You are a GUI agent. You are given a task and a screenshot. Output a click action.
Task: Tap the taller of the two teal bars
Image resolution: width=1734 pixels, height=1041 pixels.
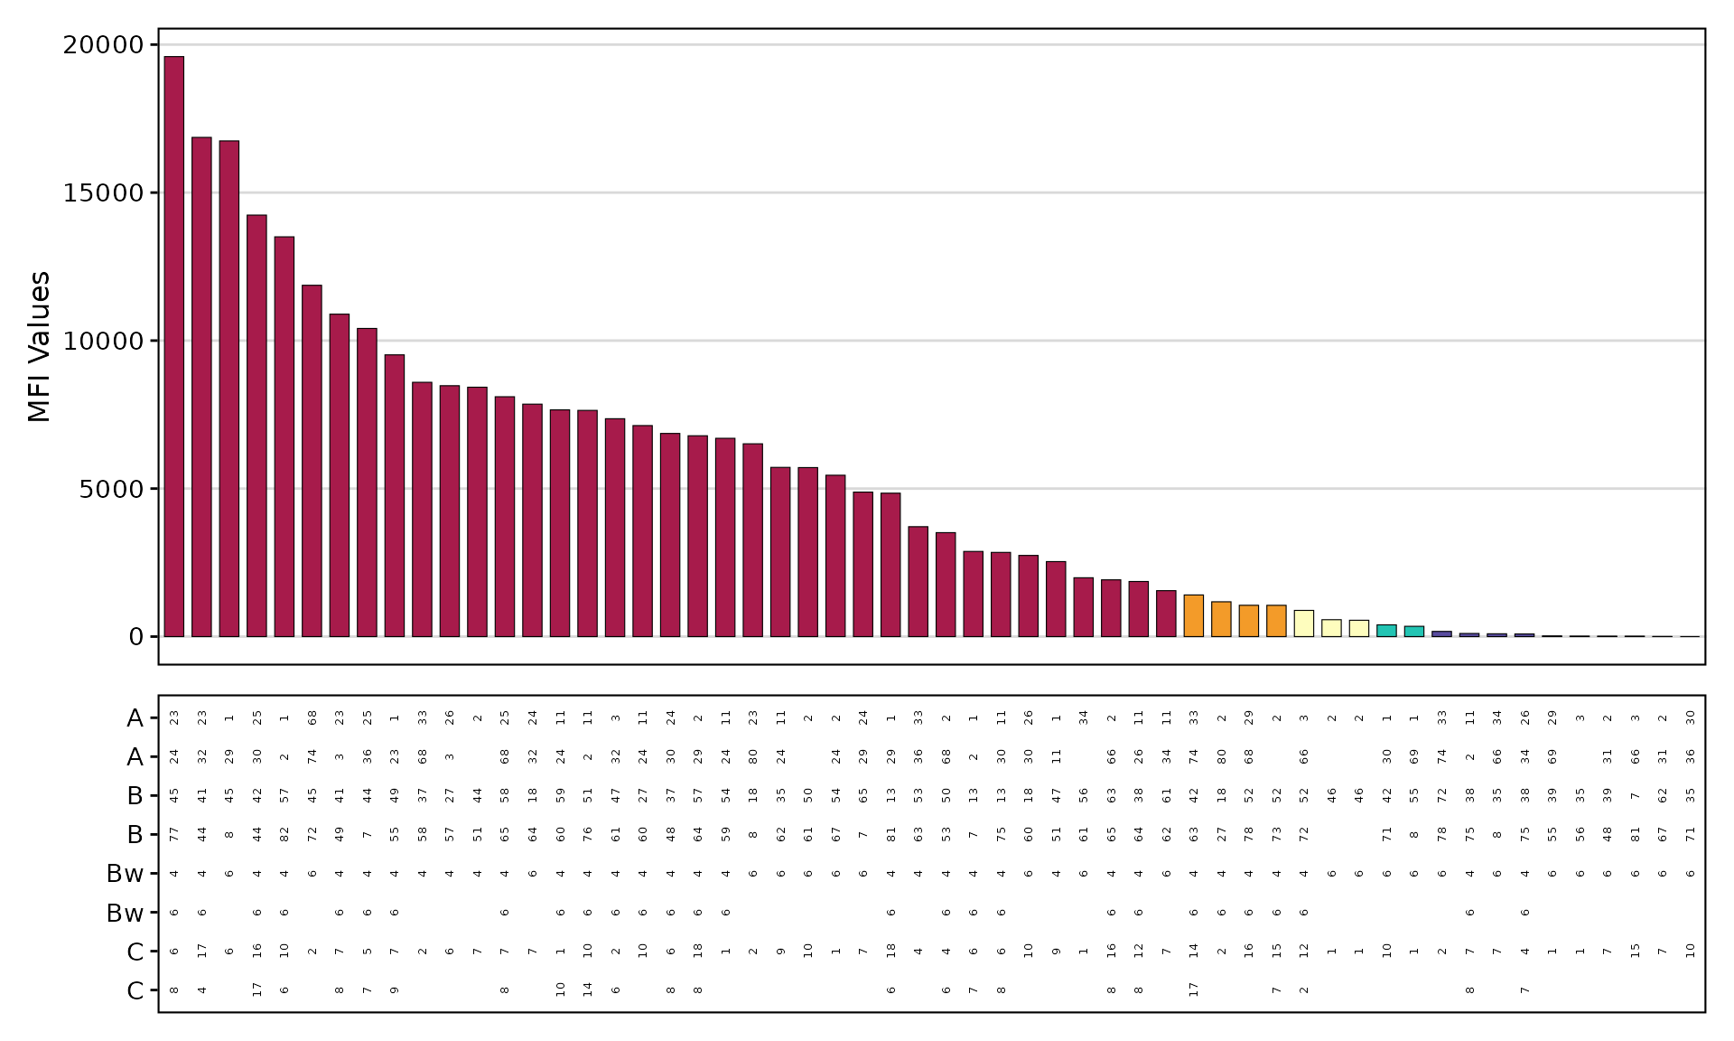click(1386, 631)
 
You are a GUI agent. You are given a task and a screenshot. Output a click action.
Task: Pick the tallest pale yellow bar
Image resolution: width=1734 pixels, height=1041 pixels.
click(1303, 624)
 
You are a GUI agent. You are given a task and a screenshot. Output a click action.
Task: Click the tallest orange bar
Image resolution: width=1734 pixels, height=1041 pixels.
click(1193, 615)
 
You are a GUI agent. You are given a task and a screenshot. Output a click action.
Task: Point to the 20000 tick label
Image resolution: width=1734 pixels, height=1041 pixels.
click(103, 45)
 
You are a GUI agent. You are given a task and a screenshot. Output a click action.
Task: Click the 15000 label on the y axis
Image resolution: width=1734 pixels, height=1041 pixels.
click(103, 193)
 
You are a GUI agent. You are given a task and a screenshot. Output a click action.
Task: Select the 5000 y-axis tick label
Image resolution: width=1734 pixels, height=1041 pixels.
click(110, 490)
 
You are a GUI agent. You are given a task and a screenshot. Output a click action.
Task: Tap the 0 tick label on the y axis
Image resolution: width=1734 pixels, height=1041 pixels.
click(136, 637)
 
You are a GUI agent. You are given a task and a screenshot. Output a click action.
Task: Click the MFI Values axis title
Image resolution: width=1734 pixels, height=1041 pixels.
click(39, 346)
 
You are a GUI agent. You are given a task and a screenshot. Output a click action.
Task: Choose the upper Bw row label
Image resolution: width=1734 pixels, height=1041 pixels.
click(125, 874)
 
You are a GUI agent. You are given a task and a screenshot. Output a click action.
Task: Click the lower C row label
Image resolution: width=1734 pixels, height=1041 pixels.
click(135, 991)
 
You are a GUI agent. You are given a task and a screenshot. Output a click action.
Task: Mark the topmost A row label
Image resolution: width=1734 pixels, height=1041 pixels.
click(135, 718)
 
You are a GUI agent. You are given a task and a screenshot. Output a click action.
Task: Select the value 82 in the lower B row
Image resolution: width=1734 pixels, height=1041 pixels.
click(284, 834)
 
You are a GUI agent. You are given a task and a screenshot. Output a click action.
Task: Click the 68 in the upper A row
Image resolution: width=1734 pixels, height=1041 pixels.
click(312, 718)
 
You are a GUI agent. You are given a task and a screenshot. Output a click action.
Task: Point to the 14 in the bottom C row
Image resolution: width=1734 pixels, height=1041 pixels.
click(588, 989)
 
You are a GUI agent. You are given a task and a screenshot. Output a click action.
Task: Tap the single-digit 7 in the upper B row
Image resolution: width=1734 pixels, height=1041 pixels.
click(1635, 795)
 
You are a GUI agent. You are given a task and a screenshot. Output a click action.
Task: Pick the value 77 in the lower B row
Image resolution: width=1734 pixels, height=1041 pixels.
click(174, 834)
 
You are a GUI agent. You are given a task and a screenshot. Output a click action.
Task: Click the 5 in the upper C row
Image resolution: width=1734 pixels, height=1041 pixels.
click(368, 951)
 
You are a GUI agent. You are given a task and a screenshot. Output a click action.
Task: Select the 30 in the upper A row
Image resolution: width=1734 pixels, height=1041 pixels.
click(1690, 718)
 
